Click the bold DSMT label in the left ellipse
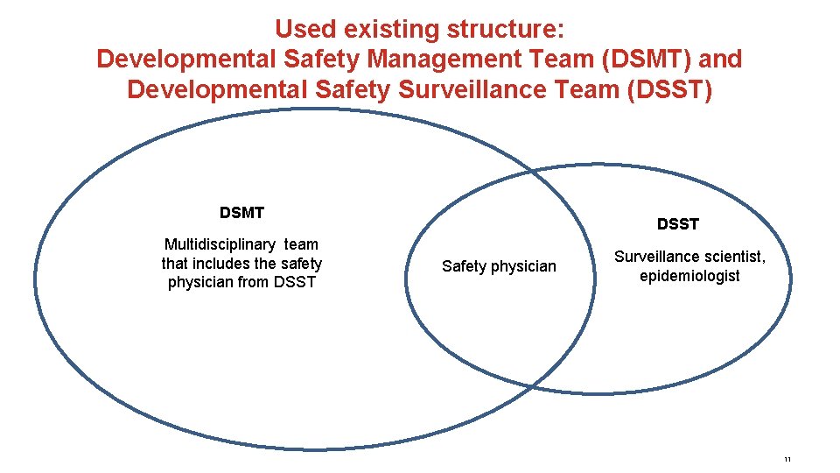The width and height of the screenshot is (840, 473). (x=241, y=213)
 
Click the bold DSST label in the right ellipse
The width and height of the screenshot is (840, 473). (x=678, y=224)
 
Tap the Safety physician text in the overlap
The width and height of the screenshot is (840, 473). (x=499, y=266)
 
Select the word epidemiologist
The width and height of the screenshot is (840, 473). (x=689, y=276)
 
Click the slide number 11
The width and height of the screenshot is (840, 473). (x=787, y=460)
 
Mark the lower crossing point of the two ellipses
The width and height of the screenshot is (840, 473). (x=531, y=385)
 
